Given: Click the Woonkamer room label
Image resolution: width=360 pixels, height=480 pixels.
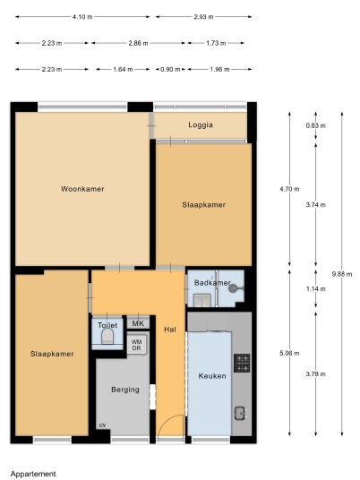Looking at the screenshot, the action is (82, 189).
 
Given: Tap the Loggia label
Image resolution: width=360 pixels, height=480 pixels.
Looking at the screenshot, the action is (201, 124).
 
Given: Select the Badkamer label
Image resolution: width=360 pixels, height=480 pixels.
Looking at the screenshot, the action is (212, 283).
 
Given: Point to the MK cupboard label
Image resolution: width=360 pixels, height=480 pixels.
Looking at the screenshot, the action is (138, 323).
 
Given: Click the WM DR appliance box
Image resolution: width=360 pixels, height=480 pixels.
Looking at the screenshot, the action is (136, 345).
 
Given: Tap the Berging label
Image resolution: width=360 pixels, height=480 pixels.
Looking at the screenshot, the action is (125, 390).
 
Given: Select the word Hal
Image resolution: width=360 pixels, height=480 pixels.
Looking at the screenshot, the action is (170, 330).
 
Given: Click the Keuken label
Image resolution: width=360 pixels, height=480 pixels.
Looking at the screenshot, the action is (212, 376).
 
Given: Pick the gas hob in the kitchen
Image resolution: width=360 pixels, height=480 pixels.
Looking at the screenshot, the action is (242, 363).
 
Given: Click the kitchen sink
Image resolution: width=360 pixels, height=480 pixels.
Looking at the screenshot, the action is (241, 413).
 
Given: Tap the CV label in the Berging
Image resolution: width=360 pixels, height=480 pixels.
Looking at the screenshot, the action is (103, 425).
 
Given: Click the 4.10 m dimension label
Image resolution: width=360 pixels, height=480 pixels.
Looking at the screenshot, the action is (82, 17).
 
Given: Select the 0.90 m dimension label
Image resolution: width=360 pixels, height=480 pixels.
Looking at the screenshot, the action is (170, 70).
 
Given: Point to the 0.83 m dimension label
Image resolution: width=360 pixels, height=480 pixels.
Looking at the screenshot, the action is (315, 125).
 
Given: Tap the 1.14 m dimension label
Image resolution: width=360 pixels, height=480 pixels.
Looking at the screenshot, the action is (316, 289).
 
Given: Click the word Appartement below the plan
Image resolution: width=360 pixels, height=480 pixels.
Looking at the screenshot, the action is (33, 475).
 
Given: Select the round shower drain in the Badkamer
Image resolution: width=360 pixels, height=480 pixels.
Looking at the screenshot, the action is (233, 287).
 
